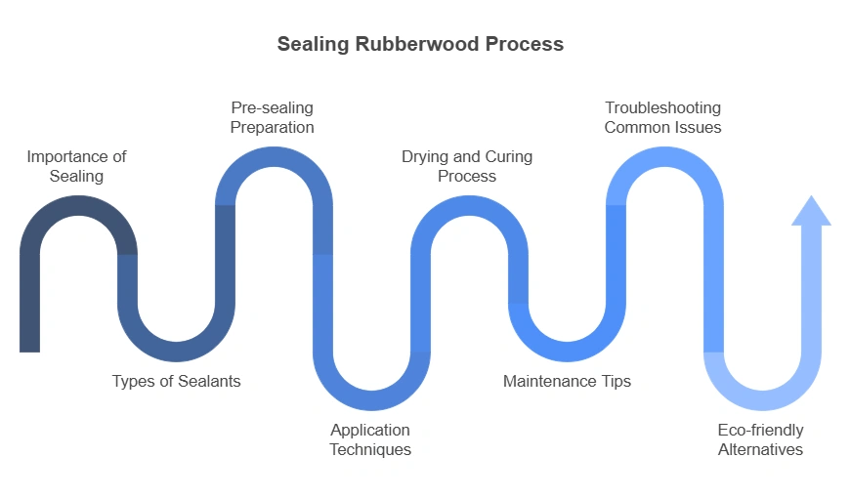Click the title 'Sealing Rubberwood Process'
(420, 44)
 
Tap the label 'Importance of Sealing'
(77, 166)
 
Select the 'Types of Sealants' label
(176, 381)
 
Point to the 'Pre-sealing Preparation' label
(273, 117)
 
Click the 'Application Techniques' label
(370, 439)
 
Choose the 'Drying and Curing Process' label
(467, 166)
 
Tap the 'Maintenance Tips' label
(567, 381)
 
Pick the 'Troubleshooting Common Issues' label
(662, 117)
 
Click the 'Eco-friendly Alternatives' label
(760, 439)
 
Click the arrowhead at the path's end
(811, 211)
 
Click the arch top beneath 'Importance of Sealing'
(78, 206)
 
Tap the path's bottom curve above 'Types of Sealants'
(176, 352)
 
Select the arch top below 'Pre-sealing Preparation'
(274, 157)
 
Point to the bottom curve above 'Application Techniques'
(371, 400)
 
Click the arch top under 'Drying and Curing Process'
(469, 206)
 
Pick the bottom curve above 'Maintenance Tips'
(567, 352)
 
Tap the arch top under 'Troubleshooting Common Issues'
(664, 157)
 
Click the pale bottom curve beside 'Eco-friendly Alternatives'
(762, 400)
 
